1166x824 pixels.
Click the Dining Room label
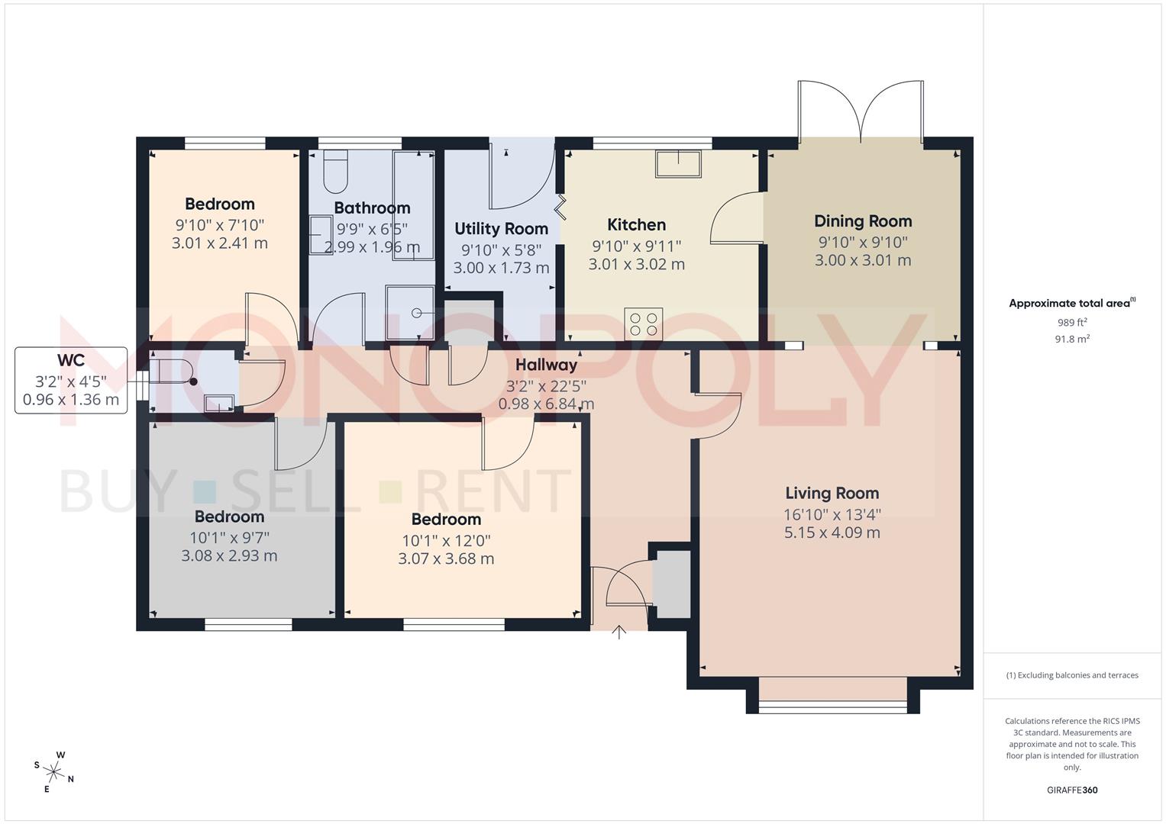click(x=863, y=221)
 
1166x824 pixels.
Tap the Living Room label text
click(x=832, y=494)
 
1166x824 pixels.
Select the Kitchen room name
click(x=636, y=225)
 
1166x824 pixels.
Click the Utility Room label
click(x=501, y=229)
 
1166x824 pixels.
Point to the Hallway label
click(x=546, y=365)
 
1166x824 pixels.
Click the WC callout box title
click(x=70, y=360)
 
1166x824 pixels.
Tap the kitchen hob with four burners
click(x=643, y=323)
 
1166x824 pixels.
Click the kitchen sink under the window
click(x=678, y=164)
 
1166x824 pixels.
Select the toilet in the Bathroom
click(x=335, y=172)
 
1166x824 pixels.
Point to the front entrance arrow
click(x=619, y=632)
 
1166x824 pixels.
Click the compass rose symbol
click(x=53, y=771)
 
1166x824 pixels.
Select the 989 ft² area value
click(x=1072, y=323)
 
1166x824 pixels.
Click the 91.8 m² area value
click(x=1072, y=340)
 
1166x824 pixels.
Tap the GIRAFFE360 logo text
click(x=1072, y=790)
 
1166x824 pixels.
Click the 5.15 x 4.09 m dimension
click(x=832, y=533)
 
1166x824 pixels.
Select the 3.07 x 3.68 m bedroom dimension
click(x=446, y=558)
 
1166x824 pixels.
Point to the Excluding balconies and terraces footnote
click(x=1072, y=675)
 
